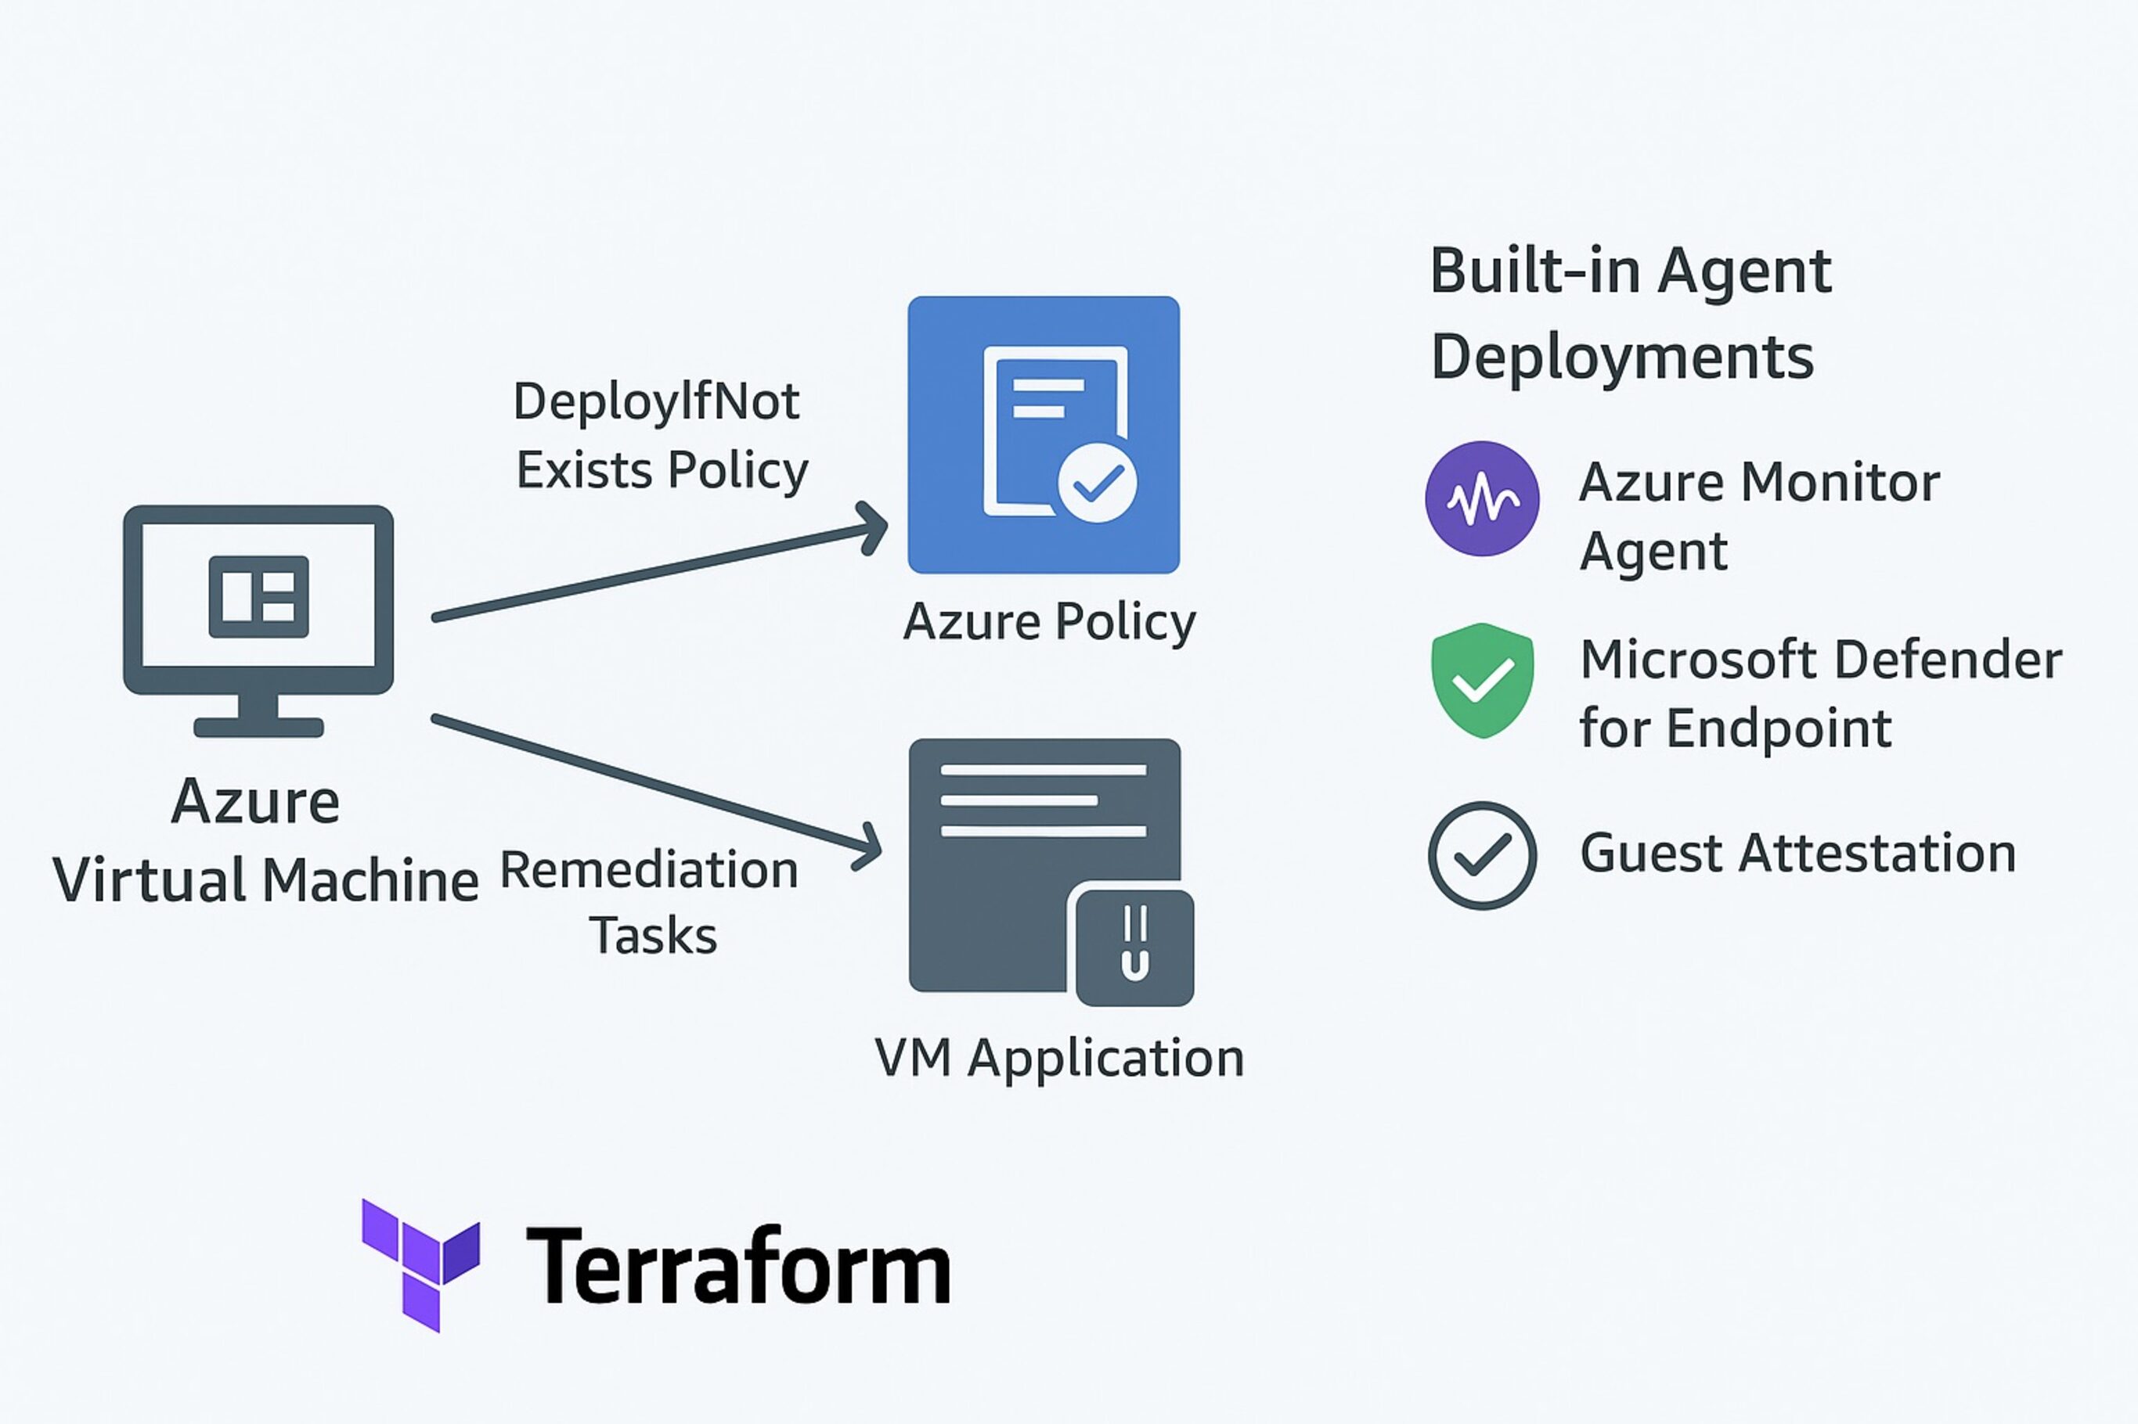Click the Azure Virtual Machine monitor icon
258,618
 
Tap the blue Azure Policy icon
1043,434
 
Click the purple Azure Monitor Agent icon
1482,498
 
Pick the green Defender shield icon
1482,680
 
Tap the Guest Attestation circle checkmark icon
1482,854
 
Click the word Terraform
737,1266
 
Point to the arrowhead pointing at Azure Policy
874,527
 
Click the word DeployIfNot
656,401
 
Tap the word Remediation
649,870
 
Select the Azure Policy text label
1050,623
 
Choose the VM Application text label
1058,1058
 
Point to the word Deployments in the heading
1622,356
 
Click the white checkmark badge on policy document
1098,482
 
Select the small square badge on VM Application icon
1135,946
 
